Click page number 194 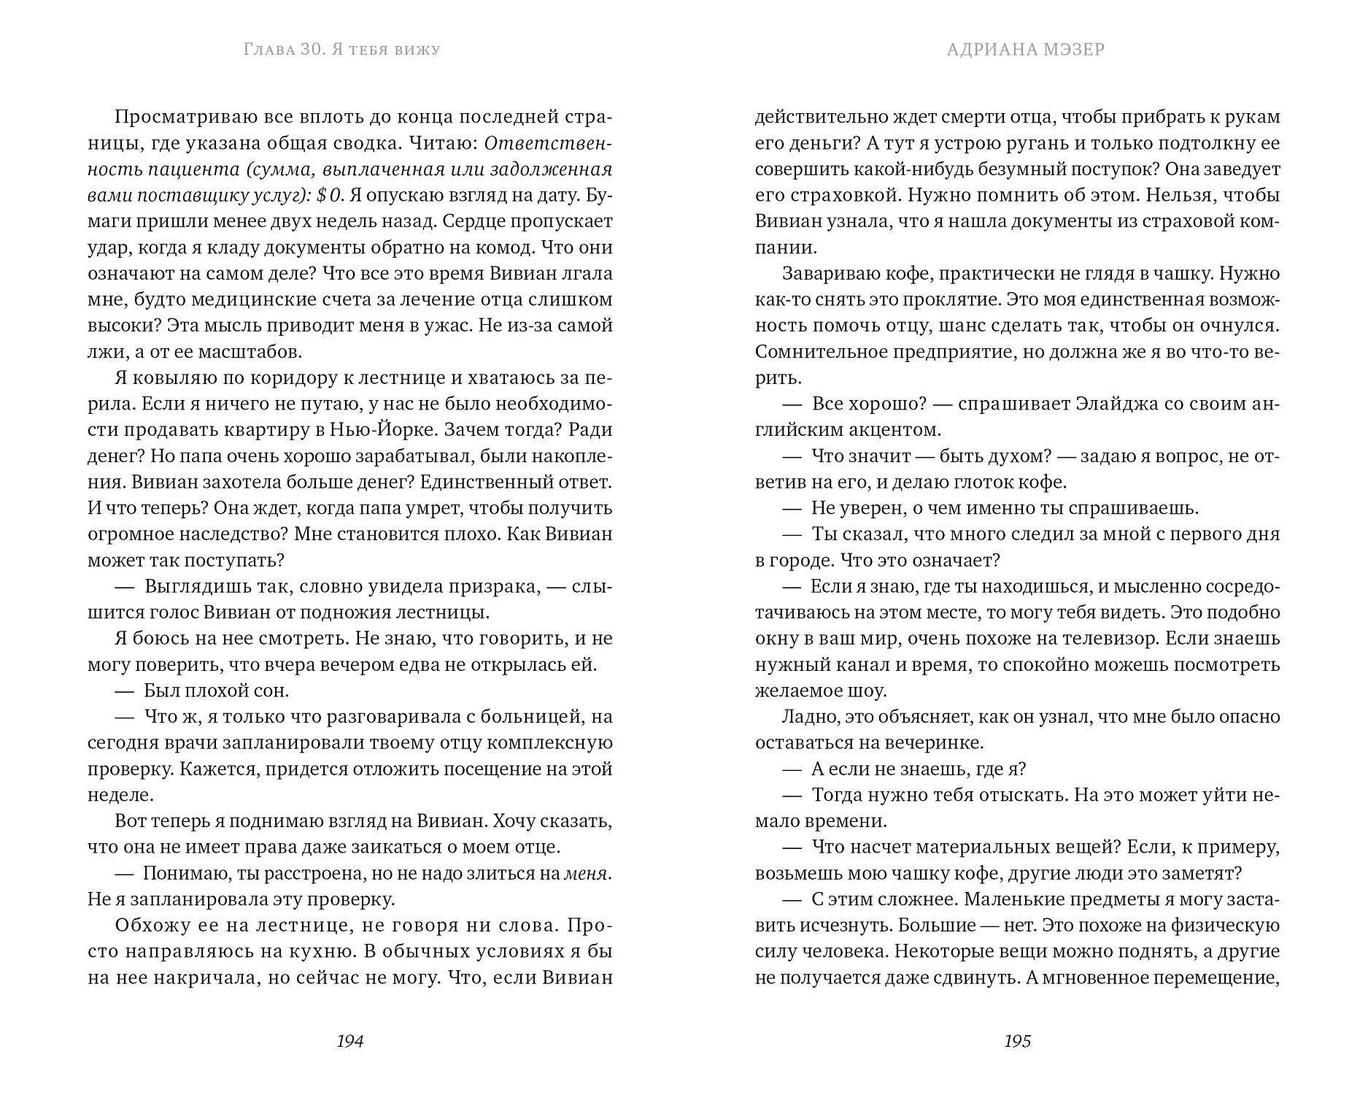(349, 1041)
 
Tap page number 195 (1017, 1041)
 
